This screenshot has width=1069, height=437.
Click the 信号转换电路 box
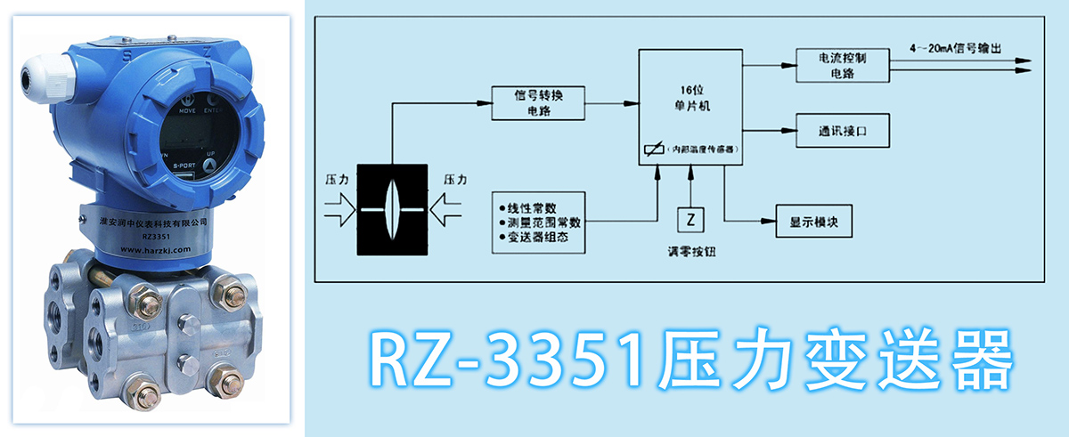point(538,101)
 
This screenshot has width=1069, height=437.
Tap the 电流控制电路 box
point(836,65)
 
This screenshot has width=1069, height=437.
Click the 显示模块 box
point(815,220)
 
